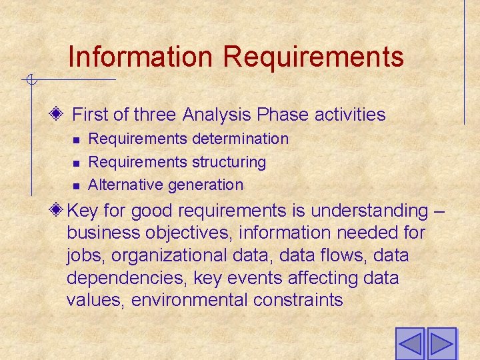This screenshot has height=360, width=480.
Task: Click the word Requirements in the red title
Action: click(313, 57)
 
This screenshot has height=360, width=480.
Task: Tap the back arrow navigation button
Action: click(410, 344)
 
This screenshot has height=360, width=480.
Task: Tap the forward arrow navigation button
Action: click(441, 344)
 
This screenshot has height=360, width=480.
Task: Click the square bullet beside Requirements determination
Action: click(76, 140)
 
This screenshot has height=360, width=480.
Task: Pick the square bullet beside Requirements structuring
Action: click(76, 163)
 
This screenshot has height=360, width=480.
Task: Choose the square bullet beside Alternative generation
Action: click(76, 185)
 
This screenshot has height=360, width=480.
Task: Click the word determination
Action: click(240, 139)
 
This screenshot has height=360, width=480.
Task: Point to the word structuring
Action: click(229, 162)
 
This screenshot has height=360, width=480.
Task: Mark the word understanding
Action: click(369, 211)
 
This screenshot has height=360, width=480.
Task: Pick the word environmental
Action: click(190, 300)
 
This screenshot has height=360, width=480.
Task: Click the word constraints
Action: click(298, 300)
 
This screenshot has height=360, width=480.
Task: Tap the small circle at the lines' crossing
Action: click(30, 81)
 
